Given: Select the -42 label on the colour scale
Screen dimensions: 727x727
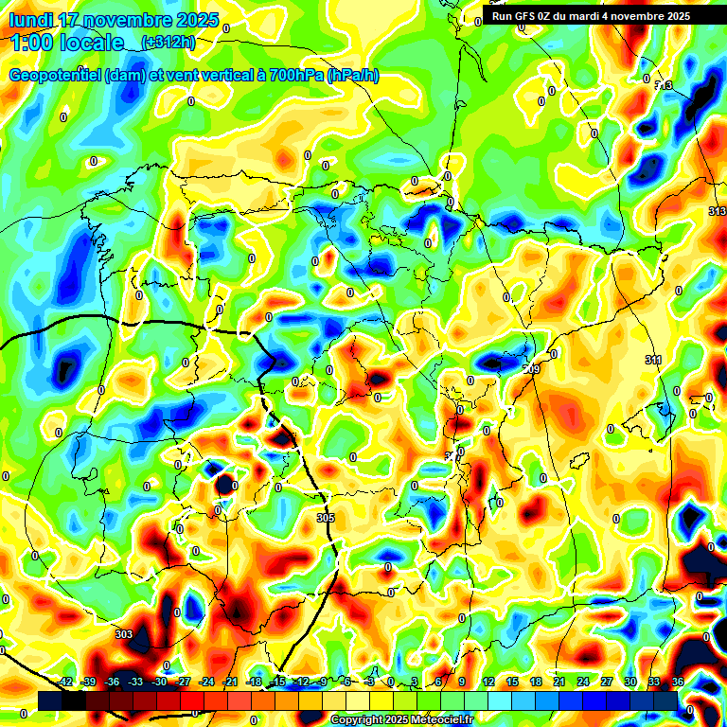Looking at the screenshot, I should (65, 682).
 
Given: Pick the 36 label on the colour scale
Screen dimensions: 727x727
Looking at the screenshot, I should (677, 682).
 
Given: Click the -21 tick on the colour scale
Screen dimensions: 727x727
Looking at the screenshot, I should (230, 682).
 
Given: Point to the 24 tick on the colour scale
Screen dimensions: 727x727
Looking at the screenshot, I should (582, 682).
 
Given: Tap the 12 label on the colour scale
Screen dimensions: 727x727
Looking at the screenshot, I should (488, 682).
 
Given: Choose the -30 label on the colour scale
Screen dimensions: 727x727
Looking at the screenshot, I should (159, 682).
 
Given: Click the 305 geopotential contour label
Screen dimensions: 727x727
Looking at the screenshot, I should (326, 518).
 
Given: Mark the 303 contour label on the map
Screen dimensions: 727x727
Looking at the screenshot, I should (123, 634).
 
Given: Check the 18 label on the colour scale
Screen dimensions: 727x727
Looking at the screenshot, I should (535, 682).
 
